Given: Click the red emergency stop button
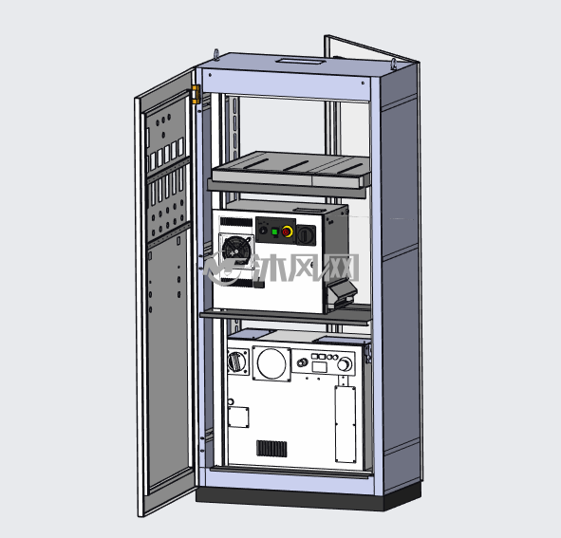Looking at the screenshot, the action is pos(287,232).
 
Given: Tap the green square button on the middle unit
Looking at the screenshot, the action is pos(274,232).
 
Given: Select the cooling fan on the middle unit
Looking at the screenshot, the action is pos(234,248).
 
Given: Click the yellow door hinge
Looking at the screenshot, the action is pos(196,94).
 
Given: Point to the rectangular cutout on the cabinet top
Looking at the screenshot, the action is pos(301,61).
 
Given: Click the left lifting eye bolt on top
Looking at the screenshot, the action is pos(216,55).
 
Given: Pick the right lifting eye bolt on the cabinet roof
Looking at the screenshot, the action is pos(394,64).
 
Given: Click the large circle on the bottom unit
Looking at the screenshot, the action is pos(271,363).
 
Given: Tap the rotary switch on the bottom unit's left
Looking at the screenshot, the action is pos(236,362).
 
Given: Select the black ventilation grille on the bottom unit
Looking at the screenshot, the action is pos(271,448).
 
